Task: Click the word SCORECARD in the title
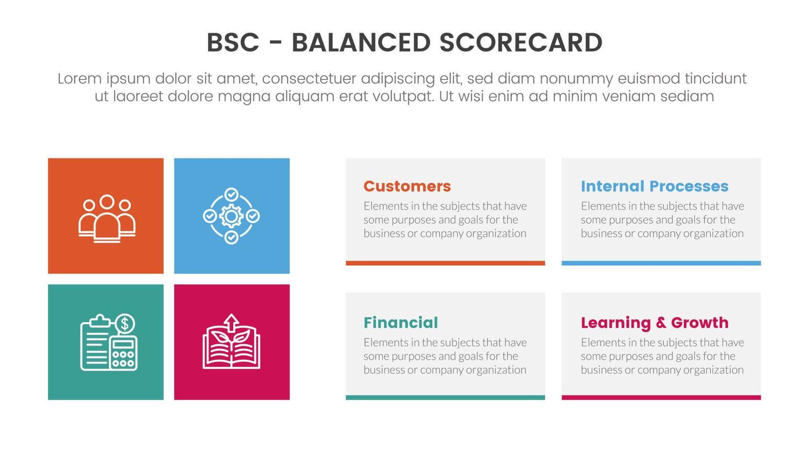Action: pos(521,43)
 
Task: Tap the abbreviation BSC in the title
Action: pos(233,43)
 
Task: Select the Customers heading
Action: pos(407,186)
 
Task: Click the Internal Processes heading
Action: pos(654,186)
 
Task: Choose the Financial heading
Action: pos(400,322)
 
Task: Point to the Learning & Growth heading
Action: pos(654,322)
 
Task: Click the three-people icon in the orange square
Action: pos(107,218)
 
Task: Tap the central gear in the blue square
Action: pos(231,216)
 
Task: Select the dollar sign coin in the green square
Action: pos(124,324)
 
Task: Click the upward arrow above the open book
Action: pos(231,321)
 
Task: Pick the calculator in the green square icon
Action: pos(124,354)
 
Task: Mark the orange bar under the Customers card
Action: pos(445,263)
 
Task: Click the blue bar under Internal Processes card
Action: pos(661,263)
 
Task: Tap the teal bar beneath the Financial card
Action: pos(445,397)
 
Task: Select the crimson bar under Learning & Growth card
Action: pos(661,397)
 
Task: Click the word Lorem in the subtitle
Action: pos(79,78)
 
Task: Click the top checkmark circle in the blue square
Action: pos(231,194)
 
